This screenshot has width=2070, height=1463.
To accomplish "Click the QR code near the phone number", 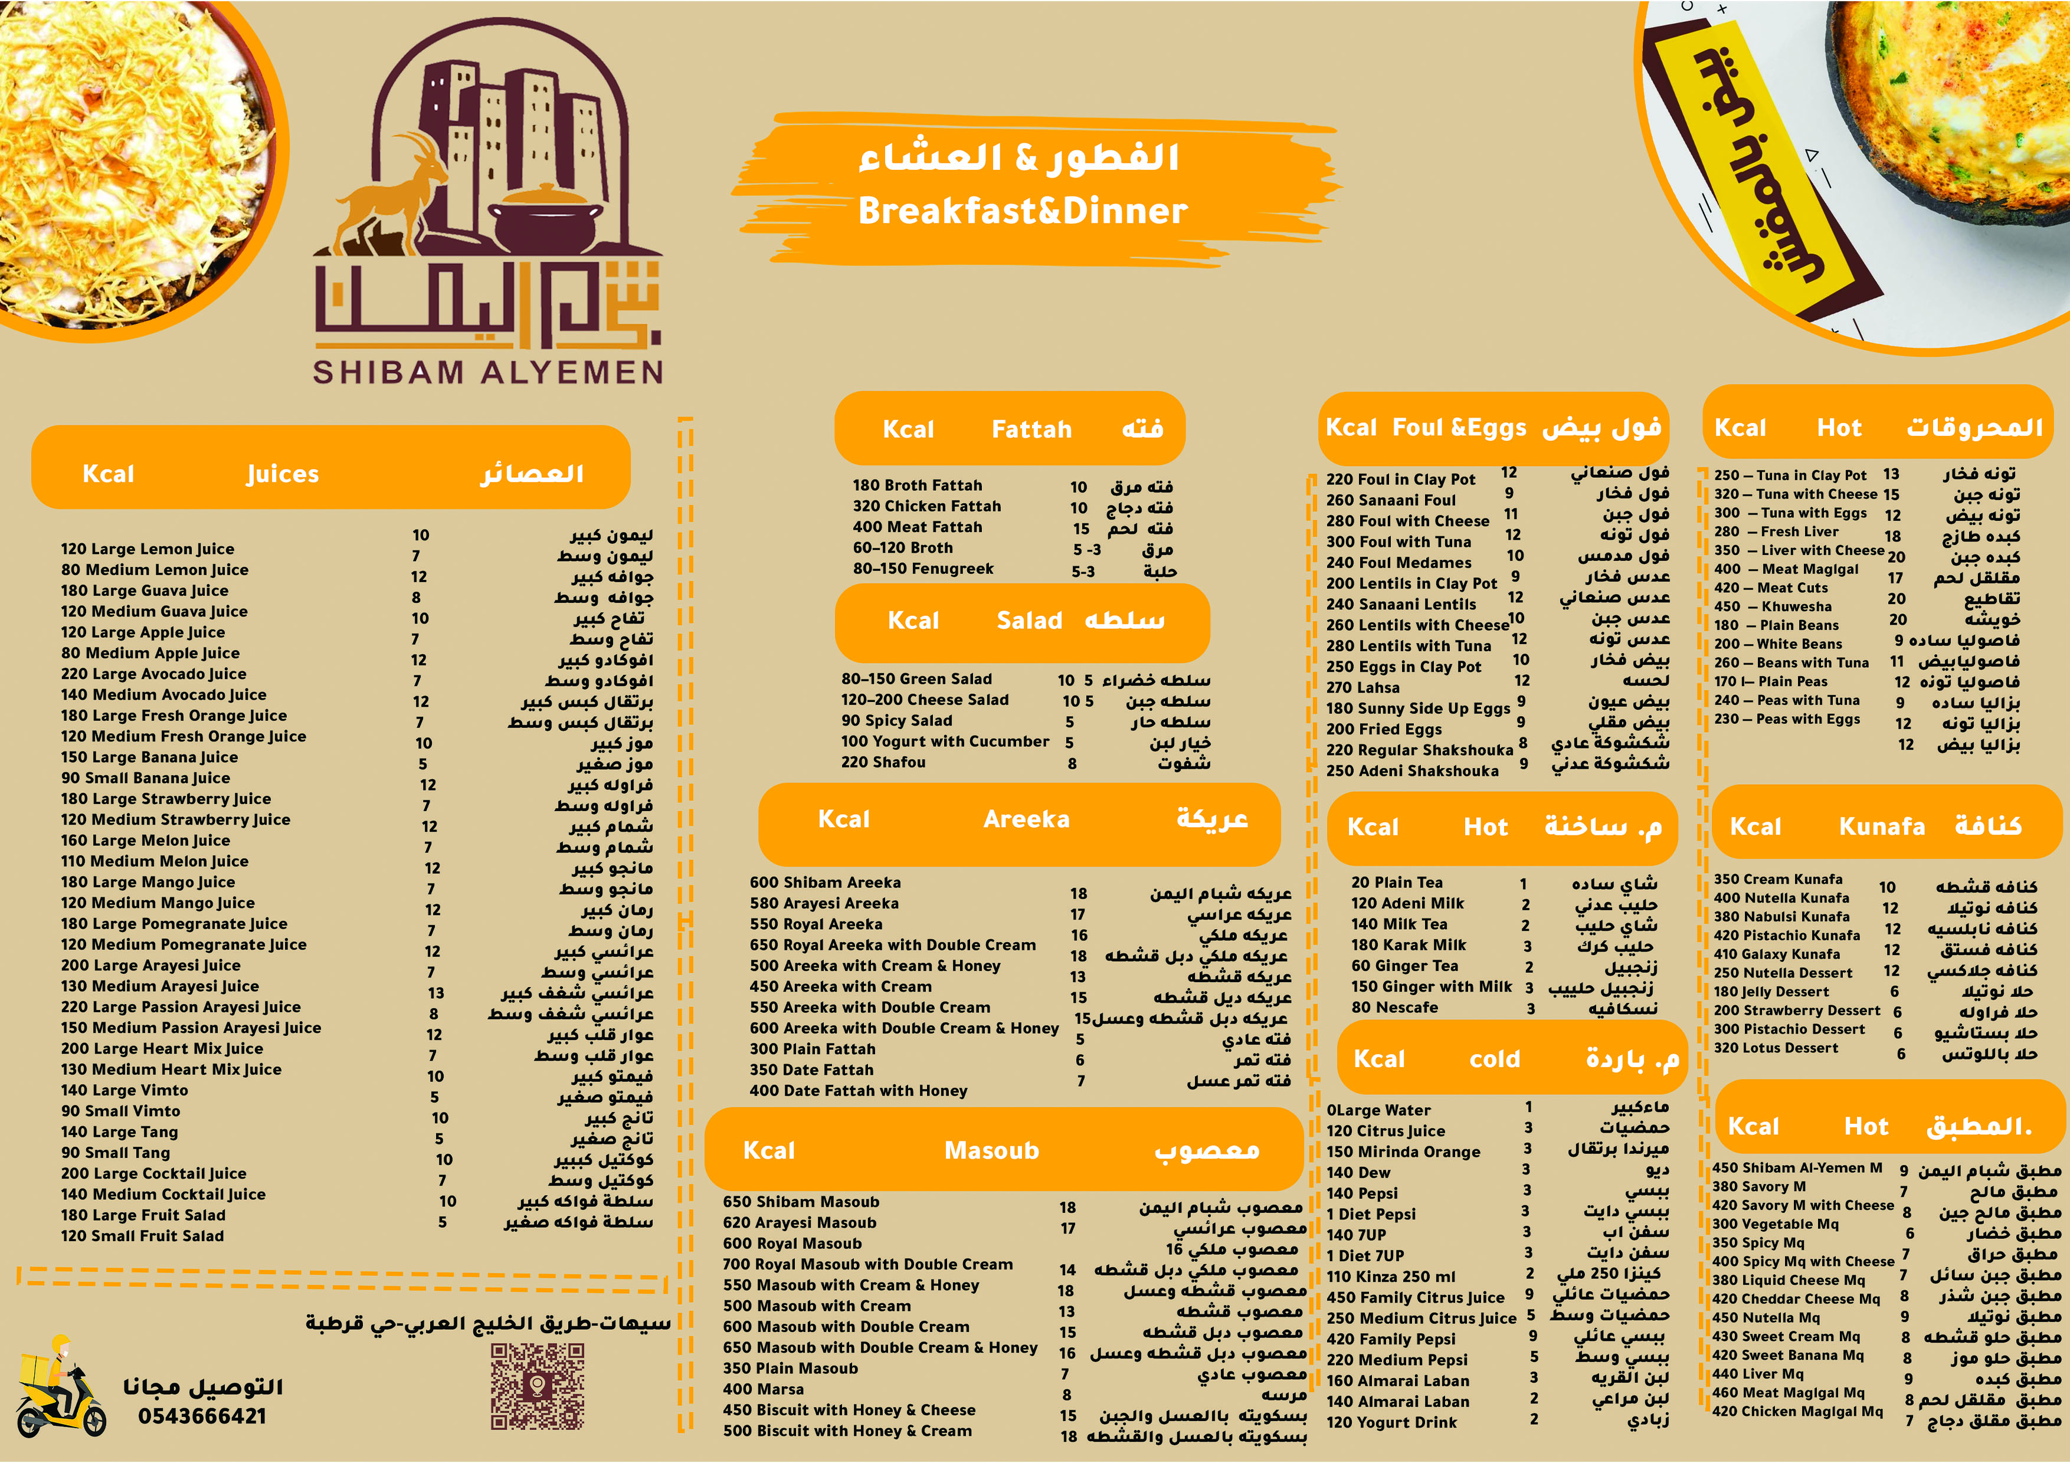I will point(538,1386).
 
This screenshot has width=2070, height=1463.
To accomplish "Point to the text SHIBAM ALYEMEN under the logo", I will point(488,372).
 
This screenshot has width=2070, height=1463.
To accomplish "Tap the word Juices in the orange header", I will point(282,474).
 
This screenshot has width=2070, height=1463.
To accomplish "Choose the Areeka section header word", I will point(1026,819).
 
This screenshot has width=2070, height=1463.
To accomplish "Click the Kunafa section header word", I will point(1882,826).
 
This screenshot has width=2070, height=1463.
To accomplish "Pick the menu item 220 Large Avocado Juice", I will point(153,673).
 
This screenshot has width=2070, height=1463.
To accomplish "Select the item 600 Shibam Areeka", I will point(825,883).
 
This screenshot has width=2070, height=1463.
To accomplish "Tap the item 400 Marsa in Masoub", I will point(763,1389).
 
